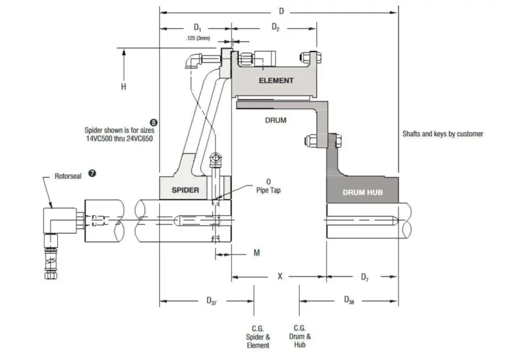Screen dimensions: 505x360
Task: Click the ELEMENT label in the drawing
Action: [276, 80]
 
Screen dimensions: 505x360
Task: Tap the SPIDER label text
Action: [185, 190]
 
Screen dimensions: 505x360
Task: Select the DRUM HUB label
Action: [363, 193]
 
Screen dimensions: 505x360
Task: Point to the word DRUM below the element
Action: [276, 120]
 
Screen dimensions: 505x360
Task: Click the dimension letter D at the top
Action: [281, 11]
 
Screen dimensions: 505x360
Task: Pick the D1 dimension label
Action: [197, 28]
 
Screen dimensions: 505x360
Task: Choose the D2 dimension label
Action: [276, 27]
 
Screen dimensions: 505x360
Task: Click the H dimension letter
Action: [124, 87]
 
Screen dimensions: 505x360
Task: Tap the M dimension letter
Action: [256, 253]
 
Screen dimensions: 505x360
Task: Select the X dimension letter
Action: [280, 276]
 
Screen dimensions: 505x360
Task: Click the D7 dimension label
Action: [364, 277]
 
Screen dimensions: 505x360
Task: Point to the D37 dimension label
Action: [212, 301]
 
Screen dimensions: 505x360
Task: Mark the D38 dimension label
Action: [349, 300]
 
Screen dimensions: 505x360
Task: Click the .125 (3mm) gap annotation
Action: [198, 38]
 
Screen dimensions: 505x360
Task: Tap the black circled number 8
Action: [154, 122]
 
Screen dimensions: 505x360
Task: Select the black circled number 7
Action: [92, 173]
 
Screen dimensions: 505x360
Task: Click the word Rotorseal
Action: [68, 176]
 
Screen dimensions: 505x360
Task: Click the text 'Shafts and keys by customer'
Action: [443, 134]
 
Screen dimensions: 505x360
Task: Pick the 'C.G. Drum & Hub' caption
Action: [300, 336]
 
